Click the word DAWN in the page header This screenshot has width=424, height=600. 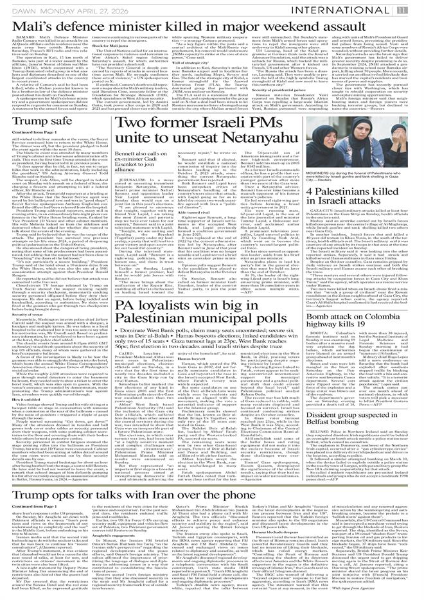point(15,8)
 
